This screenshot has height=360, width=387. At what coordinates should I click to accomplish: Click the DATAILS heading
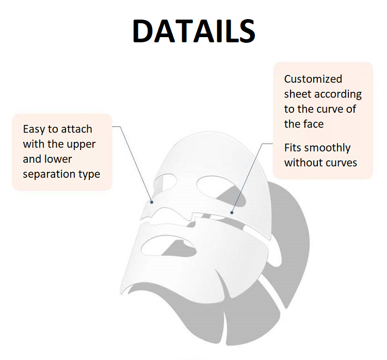point(194,31)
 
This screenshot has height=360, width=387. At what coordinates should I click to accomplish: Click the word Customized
point(313,79)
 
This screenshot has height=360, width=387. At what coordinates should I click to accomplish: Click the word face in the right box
point(313,124)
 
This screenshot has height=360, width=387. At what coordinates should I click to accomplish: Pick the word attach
point(76,129)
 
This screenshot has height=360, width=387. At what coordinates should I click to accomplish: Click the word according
point(338,94)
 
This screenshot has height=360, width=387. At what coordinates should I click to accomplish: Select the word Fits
point(293,148)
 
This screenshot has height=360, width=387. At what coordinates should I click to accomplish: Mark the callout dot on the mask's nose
point(152,202)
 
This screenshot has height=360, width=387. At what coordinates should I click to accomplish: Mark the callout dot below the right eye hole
point(232,212)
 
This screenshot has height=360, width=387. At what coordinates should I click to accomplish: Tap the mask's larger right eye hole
point(221,190)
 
